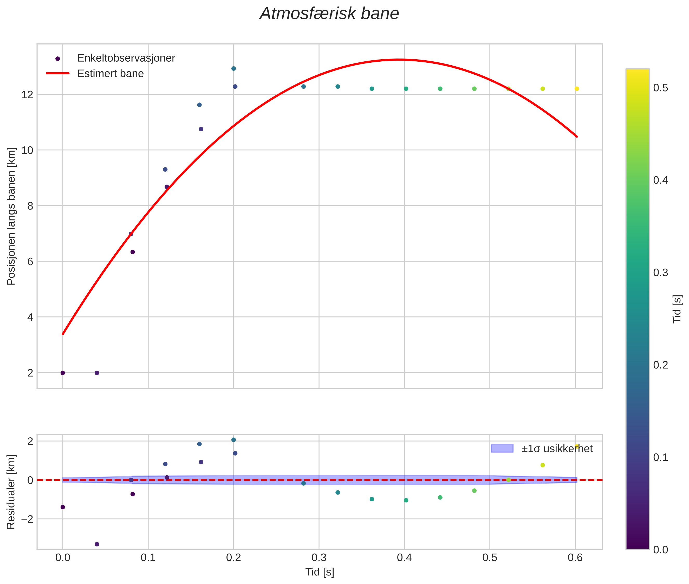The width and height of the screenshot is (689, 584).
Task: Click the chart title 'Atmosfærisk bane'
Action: pyautogui.click(x=329, y=14)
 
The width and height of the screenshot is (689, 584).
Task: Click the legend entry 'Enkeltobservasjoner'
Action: pyautogui.click(x=126, y=58)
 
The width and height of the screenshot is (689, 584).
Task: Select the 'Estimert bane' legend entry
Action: pyautogui.click(x=110, y=74)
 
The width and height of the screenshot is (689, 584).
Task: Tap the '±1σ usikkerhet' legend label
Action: pyautogui.click(x=557, y=449)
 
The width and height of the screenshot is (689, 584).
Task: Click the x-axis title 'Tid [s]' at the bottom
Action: pyautogui.click(x=320, y=572)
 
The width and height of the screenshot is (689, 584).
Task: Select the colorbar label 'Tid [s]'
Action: pyautogui.click(x=677, y=309)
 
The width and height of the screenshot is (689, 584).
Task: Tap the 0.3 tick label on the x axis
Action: pyautogui.click(x=319, y=557)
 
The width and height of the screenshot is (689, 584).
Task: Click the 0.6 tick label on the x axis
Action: pyautogui.click(x=575, y=557)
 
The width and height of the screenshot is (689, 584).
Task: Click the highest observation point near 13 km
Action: pyautogui.click(x=233, y=69)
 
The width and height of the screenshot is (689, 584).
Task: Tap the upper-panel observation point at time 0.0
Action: pyautogui.click(x=63, y=373)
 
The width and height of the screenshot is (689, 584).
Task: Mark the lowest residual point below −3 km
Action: pyautogui.click(x=97, y=544)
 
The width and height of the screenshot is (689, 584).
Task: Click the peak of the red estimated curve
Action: pyautogui.click(x=400, y=60)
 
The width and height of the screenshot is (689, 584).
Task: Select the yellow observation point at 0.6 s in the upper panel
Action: pyautogui.click(x=577, y=89)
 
